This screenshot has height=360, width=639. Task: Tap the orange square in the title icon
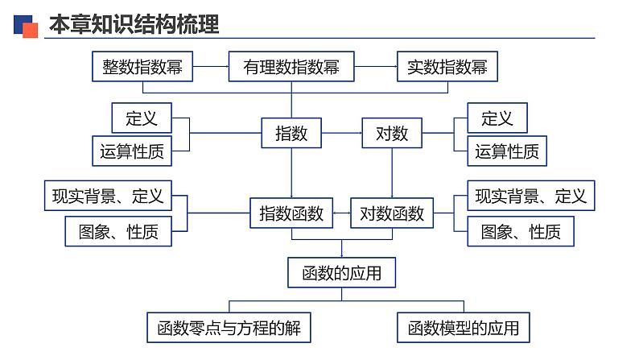point(31,31)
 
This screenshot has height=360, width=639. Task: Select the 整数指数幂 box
point(142,68)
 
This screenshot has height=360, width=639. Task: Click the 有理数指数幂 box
point(291,68)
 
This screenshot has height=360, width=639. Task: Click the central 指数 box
point(291,133)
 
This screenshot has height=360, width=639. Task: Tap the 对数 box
point(392,133)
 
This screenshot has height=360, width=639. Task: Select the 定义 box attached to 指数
point(141,118)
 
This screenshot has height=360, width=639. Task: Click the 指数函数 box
point(291,213)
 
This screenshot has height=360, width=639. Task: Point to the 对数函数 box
point(392,213)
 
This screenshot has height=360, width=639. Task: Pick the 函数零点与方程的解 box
point(229,328)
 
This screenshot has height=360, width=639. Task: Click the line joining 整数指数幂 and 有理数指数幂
point(212,68)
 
